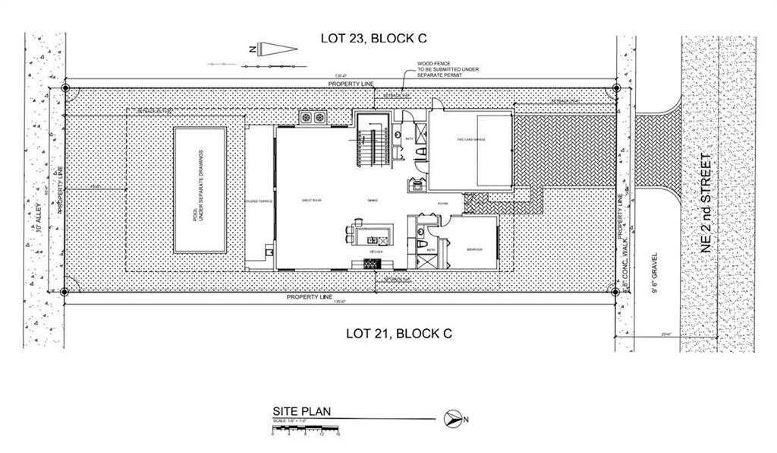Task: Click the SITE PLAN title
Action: [x=302, y=411]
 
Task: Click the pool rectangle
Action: [x=200, y=189]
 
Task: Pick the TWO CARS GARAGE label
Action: [x=471, y=140]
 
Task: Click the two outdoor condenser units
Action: [x=313, y=117]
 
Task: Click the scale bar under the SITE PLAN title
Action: [x=306, y=429]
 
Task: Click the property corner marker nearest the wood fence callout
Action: [x=616, y=88]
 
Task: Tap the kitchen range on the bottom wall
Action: [x=371, y=263]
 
